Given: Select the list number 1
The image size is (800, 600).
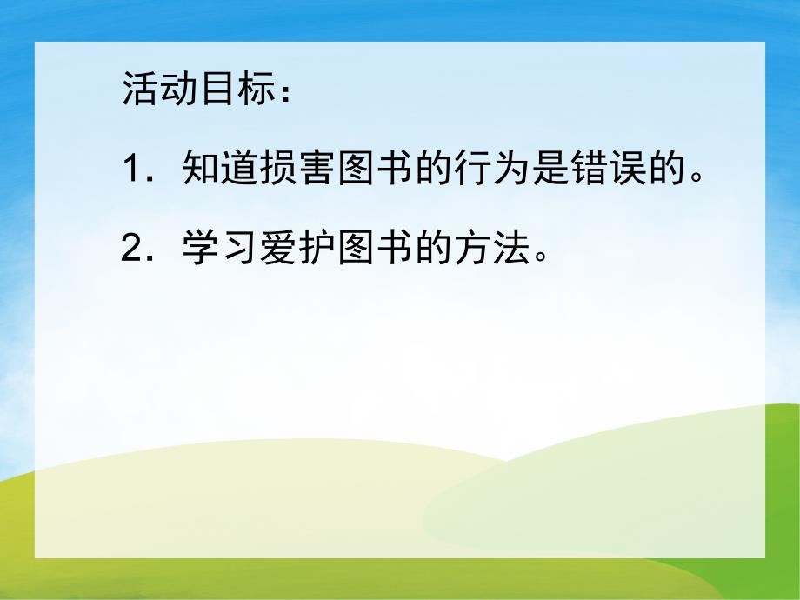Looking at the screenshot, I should pos(131,168).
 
